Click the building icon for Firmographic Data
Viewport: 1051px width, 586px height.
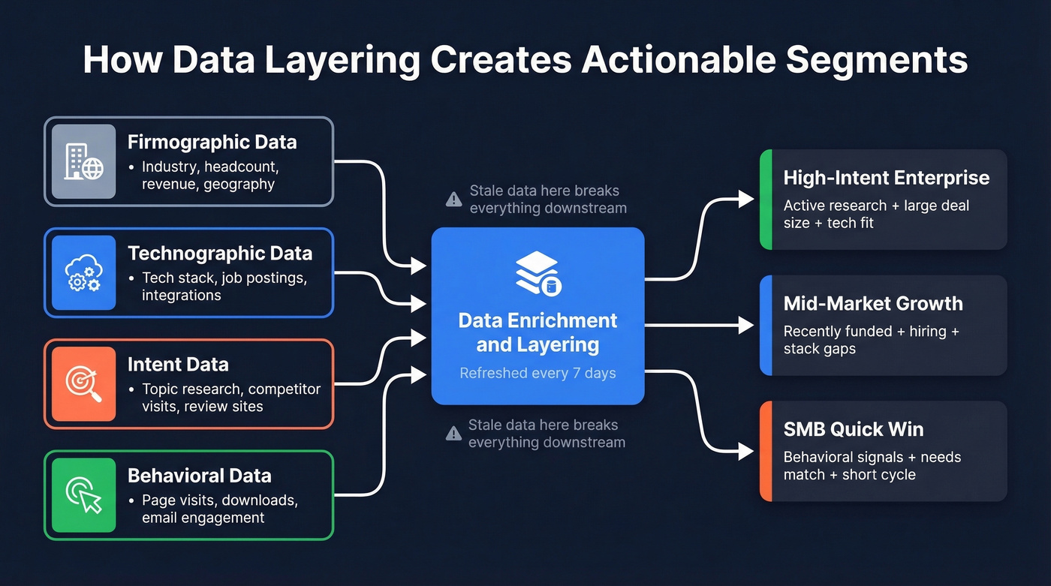[x=83, y=161]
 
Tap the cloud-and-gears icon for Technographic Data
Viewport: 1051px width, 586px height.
[x=83, y=272]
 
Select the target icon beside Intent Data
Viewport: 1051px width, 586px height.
[x=83, y=383]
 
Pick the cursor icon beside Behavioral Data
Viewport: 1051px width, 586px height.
[x=83, y=494]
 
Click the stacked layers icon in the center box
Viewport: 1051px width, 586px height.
[x=538, y=273]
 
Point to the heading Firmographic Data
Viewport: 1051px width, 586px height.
[x=212, y=142]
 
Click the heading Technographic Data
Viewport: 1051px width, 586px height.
[x=220, y=253]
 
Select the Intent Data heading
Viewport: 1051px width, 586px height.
[x=178, y=364]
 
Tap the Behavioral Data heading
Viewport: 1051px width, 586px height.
[x=200, y=475]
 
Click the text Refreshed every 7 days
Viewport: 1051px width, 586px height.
[x=538, y=373]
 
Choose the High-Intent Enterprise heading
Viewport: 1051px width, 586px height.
[x=886, y=178]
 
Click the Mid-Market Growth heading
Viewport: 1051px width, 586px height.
[x=873, y=303]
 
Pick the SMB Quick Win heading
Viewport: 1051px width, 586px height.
[x=854, y=429]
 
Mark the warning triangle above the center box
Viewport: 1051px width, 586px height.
[x=453, y=199]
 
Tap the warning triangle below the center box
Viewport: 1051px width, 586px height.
[x=453, y=433]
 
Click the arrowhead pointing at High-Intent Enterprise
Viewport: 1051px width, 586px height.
[x=746, y=199]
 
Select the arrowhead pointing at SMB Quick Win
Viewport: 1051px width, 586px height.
[x=746, y=451]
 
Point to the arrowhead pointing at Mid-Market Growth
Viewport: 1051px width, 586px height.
[x=746, y=325]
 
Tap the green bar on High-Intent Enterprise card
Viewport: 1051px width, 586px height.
[x=766, y=199]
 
